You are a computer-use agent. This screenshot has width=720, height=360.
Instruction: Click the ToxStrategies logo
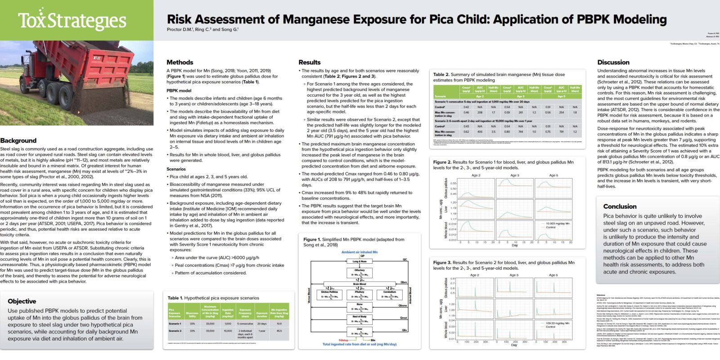(x=72, y=20)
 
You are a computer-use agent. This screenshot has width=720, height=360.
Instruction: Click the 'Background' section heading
(x=18, y=140)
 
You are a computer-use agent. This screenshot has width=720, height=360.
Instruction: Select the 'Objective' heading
(x=22, y=301)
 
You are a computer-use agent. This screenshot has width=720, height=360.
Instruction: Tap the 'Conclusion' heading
(x=620, y=206)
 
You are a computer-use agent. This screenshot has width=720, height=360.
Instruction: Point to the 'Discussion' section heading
(x=613, y=62)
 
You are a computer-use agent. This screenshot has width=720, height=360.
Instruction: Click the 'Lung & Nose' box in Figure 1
(x=360, y=261)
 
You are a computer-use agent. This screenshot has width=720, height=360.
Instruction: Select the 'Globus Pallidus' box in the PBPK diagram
(x=329, y=294)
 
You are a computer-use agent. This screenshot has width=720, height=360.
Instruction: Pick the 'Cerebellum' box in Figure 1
(x=390, y=294)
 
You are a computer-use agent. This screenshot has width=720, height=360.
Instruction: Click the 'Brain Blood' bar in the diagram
(x=360, y=284)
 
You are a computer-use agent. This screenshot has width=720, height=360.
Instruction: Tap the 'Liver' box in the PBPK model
(x=360, y=331)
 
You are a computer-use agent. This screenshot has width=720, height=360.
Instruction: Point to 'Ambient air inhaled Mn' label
(x=360, y=252)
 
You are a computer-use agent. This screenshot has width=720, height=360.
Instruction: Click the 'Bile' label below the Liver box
(x=373, y=340)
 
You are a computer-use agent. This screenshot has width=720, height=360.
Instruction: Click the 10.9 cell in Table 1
(x=279, y=324)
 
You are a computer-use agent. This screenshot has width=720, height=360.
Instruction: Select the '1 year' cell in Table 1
(x=262, y=331)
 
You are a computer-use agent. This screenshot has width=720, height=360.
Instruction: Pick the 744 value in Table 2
(x=521, y=132)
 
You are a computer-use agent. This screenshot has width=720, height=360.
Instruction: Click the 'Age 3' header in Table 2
(x=521, y=96)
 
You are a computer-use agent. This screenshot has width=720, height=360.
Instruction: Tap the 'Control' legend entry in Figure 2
(x=551, y=227)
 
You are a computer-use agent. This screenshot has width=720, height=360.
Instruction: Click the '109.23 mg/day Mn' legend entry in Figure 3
(x=557, y=323)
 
